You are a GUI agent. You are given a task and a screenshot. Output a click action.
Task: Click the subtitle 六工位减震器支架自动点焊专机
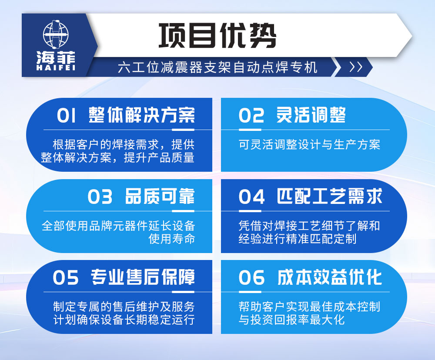point(217,67)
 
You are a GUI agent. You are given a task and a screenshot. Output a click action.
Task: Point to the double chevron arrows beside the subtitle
point(355,67)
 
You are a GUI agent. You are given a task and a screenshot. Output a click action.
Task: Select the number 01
point(67,116)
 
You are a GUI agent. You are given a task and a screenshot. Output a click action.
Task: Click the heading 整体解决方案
point(142,115)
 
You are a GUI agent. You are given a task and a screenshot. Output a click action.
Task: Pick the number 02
point(251,116)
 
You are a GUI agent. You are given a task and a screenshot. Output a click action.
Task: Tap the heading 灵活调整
point(311,115)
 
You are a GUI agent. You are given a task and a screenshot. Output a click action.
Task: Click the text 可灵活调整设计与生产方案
point(309,144)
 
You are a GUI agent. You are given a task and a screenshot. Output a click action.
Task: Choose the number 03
point(100,197)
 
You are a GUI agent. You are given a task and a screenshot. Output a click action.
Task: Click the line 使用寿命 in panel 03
point(171,239)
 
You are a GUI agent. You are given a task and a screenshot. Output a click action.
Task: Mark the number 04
point(251,197)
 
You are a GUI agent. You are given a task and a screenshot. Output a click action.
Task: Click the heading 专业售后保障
point(143,277)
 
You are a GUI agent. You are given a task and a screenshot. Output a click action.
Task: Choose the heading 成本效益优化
point(329,277)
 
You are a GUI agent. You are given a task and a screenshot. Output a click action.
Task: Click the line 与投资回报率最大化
point(291,320)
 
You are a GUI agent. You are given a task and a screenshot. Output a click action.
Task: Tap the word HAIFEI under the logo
point(56,68)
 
